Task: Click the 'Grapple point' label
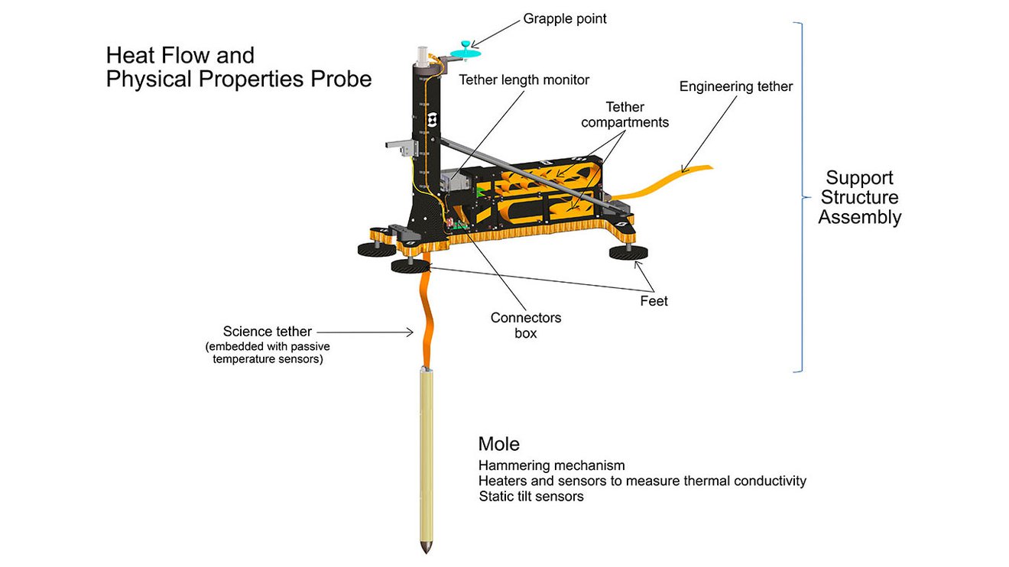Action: click(565, 18)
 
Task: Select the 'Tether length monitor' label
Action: click(524, 79)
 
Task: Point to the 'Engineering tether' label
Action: click(735, 86)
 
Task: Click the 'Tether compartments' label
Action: click(625, 115)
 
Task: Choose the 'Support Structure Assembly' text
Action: click(860, 197)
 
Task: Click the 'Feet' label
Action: click(654, 301)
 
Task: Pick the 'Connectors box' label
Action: click(525, 325)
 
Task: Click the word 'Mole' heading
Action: click(498, 444)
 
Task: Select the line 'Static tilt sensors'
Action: click(531, 497)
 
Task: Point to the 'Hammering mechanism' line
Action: click(551, 465)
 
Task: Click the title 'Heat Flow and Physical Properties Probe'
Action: click(238, 67)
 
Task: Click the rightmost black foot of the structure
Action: click(628, 253)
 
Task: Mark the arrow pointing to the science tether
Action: click(365, 332)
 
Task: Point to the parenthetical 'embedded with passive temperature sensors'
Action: click(264, 353)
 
